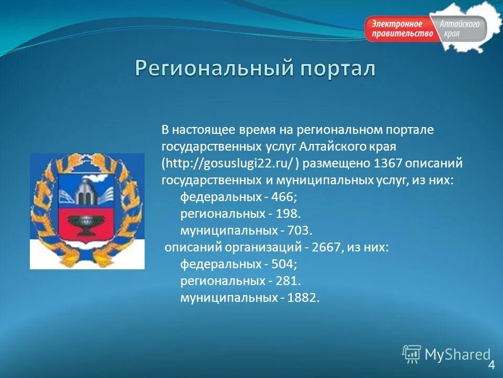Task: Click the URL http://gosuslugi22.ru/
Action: pos(231,163)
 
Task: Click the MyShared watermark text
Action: pos(457,355)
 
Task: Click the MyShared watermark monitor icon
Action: pos(412,354)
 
